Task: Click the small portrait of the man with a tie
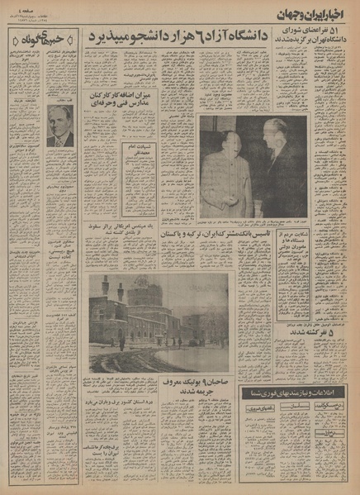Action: [59, 126]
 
